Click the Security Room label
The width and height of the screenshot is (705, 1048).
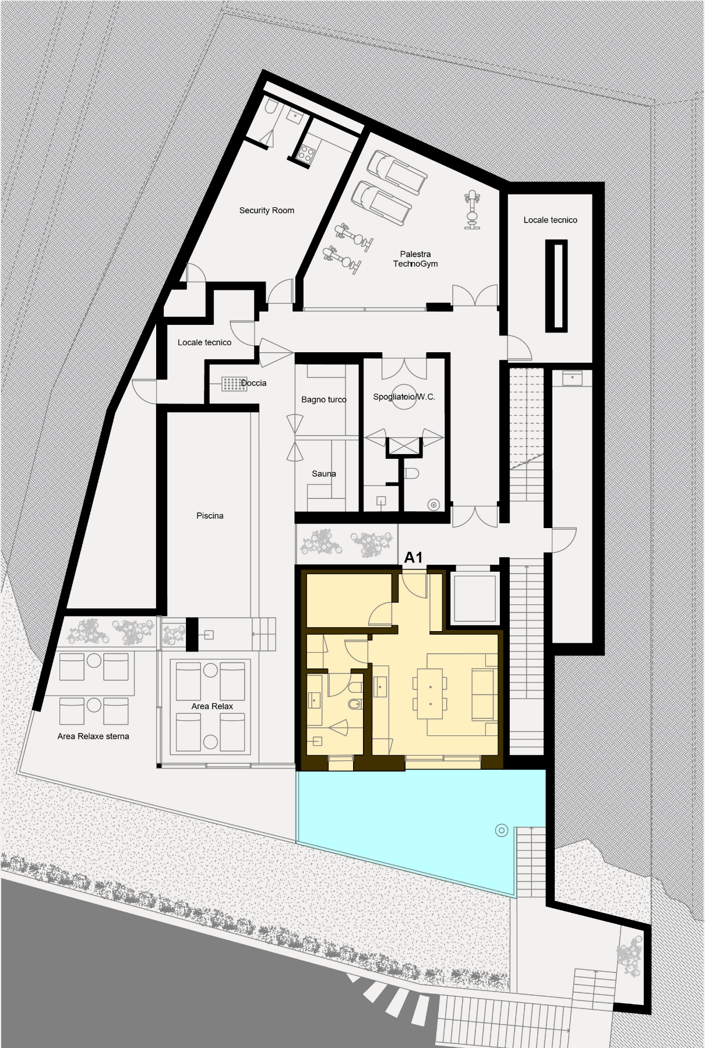[266, 210]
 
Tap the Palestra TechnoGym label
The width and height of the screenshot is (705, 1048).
[415, 259]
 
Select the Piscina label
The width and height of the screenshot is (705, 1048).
[210, 516]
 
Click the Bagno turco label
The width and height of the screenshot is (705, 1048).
[324, 399]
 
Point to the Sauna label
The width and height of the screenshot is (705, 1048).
[324, 473]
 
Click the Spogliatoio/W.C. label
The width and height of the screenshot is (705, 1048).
[404, 397]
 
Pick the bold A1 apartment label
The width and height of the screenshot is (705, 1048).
[413, 558]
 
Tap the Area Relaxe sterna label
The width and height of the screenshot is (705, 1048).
[93, 737]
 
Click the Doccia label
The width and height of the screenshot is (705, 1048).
[253, 383]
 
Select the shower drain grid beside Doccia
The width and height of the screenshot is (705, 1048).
[234, 384]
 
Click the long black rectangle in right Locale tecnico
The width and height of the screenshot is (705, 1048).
[557, 286]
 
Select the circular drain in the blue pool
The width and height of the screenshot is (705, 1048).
[501, 830]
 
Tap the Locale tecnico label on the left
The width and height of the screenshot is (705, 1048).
[205, 342]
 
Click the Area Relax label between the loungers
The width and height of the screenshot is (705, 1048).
[212, 706]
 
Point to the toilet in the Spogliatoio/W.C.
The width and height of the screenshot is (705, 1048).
[412, 473]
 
